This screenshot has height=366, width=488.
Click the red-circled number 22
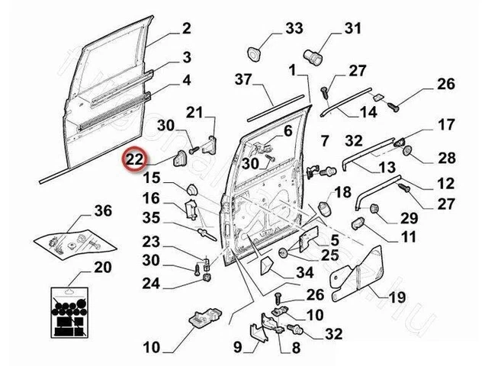[135, 159]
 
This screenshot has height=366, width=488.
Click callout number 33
[294, 29]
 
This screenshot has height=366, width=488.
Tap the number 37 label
[242, 79]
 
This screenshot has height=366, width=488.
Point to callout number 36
[103, 211]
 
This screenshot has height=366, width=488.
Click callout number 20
[101, 267]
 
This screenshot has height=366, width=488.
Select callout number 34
[305, 273]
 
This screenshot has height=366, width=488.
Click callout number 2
[185, 30]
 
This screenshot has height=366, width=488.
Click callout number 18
[343, 191]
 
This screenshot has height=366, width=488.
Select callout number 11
[408, 236]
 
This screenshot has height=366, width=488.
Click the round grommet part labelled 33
[253, 55]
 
